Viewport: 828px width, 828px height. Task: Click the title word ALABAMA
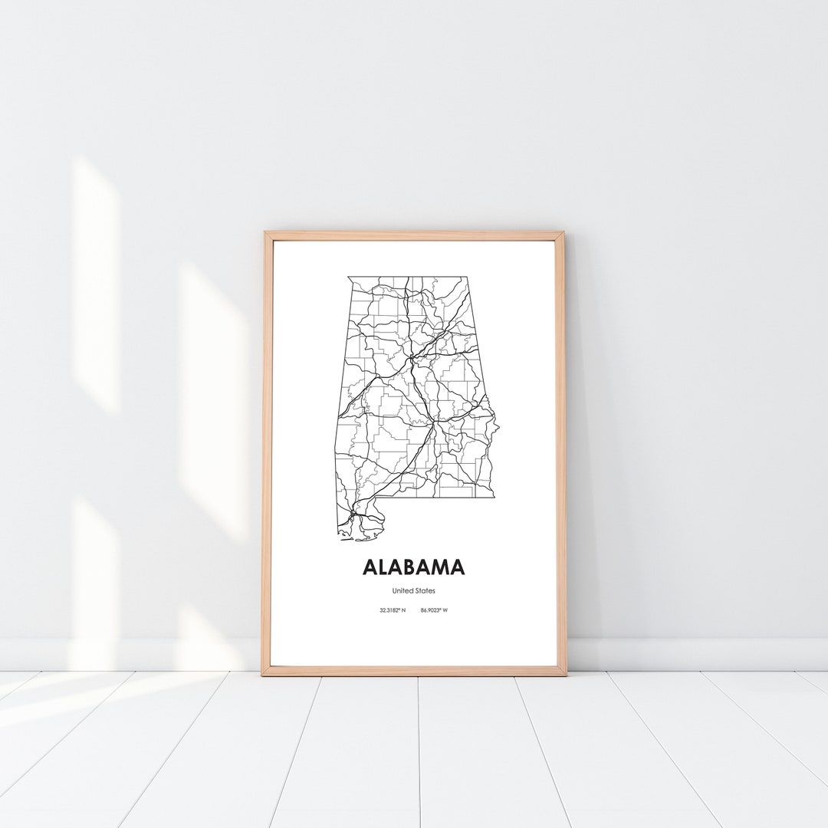click(x=413, y=567)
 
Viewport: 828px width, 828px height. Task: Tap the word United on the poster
click(x=402, y=591)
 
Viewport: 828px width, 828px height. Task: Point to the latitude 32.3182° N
click(x=392, y=610)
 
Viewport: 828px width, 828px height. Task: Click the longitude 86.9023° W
click(x=434, y=610)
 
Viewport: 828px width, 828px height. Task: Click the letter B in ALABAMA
click(x=414, y=567)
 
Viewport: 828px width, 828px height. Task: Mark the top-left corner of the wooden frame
click(x=265, y=233)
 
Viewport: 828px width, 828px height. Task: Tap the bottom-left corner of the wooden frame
click(x=263, y=674)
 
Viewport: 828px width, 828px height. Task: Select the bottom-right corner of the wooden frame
click(x=566, y=674)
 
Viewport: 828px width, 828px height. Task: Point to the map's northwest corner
click(x=348, y=278)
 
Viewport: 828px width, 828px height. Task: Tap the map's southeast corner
click(x=495, y=497)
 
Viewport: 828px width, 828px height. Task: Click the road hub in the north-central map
click(x=412, y=357)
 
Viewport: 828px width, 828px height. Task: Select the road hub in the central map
click(x=434, y=422)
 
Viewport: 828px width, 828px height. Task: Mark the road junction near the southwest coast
click(x=352, y=514)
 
